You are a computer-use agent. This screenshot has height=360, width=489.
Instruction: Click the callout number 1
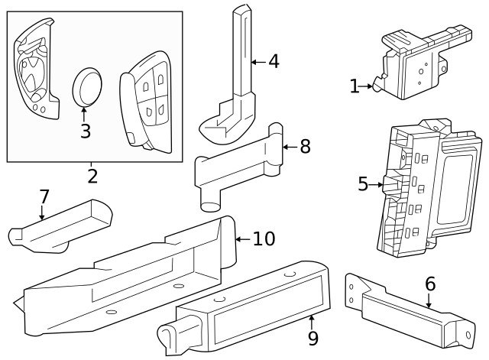click(x=354, y=86)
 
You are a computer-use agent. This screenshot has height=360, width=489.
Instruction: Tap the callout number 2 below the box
click(x=92, y=177)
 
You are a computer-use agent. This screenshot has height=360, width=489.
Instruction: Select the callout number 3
click(x=86, y=131)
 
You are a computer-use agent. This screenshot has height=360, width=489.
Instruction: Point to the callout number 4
click(x=274, y=61)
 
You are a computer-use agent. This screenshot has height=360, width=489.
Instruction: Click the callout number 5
click(x=363, y=183)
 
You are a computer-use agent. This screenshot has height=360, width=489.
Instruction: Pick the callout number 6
click(x=430, y=284)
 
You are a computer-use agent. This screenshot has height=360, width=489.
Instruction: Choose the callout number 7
click(x=44, y=196)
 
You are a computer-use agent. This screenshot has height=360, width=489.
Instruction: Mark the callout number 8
click(x=304, y=146)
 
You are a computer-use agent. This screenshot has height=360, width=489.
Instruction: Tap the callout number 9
click(x=312, y=336)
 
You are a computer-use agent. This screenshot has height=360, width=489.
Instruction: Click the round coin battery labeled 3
click(x=89, y=86)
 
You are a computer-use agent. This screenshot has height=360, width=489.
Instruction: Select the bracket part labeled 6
click(x=409, y=310)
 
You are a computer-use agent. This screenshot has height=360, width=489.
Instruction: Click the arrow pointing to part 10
click(x=241, y=239)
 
